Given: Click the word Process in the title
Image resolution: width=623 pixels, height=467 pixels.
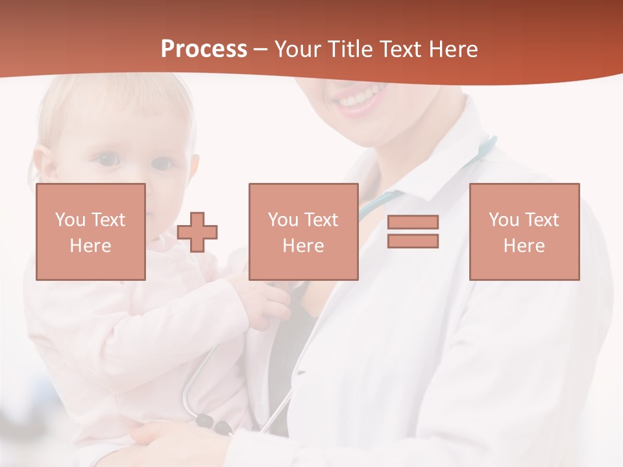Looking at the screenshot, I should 204,49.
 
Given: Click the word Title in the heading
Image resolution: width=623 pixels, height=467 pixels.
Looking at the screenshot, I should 351,49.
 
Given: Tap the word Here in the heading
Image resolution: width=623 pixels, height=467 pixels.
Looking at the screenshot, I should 452,49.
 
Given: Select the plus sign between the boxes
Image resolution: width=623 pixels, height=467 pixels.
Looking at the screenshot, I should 197,232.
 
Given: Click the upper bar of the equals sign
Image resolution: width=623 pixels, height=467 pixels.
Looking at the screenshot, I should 413,222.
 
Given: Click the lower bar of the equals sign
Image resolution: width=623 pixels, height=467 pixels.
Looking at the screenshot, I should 413,241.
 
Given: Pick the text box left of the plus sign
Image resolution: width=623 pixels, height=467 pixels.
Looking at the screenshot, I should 91,232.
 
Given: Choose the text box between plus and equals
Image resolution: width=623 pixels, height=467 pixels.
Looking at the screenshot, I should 303,232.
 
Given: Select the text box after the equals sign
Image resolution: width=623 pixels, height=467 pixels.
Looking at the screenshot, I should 524,232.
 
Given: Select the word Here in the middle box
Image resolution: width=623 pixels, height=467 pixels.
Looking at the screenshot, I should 303,246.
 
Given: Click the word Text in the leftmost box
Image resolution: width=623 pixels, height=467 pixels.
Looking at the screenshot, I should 107,220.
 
